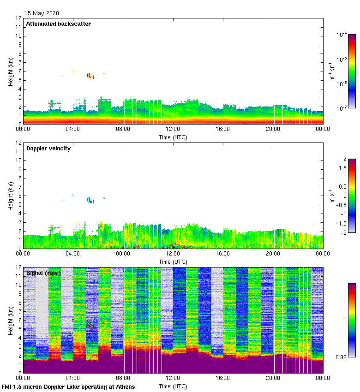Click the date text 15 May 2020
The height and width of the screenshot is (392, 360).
[42, 13]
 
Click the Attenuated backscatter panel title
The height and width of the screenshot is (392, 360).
[59, 24]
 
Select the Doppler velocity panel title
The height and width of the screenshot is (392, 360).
[48, 148]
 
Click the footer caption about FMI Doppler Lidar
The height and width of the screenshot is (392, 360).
[68, 386]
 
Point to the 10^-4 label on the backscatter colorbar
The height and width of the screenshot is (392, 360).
[342, 35]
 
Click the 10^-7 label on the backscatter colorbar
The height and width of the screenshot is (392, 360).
[342, 108]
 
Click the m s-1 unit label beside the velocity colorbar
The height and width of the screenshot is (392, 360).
[331, 196]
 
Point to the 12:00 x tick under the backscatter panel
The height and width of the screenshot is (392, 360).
[173, 130]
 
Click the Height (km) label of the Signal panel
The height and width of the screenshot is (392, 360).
[10, 320]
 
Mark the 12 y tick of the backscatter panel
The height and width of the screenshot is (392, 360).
[18, 18]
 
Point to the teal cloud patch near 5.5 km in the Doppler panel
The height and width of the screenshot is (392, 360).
[90, 200]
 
